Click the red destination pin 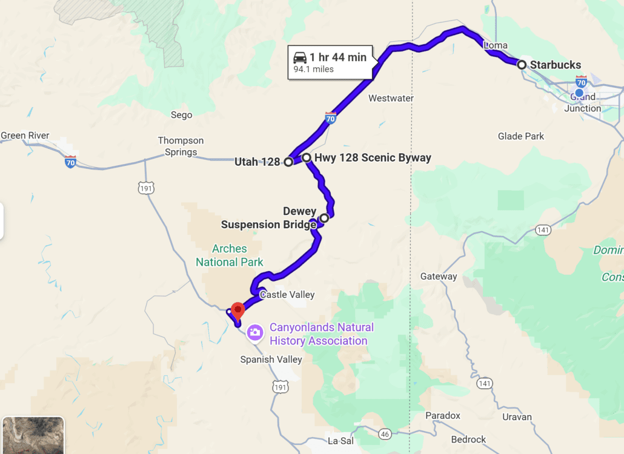coord(238,310)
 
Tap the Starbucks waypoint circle coord(522,64)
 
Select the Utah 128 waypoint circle coord(288,162)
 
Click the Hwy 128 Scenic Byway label coord(373,157)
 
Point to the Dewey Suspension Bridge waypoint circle coord(324,218)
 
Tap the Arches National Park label coord(230,255)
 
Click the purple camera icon coord(255,332)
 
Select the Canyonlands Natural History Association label coord(321,334)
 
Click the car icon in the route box coord(299,58)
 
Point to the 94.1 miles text coord(314,69)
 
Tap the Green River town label coord(25,136)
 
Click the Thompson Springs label coord(181,146)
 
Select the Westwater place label coord(391,98)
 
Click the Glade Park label coord(521,136)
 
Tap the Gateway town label coord(439,277)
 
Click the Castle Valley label coord(287,295)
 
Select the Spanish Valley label coord(271,360)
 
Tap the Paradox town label coord(442,416)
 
